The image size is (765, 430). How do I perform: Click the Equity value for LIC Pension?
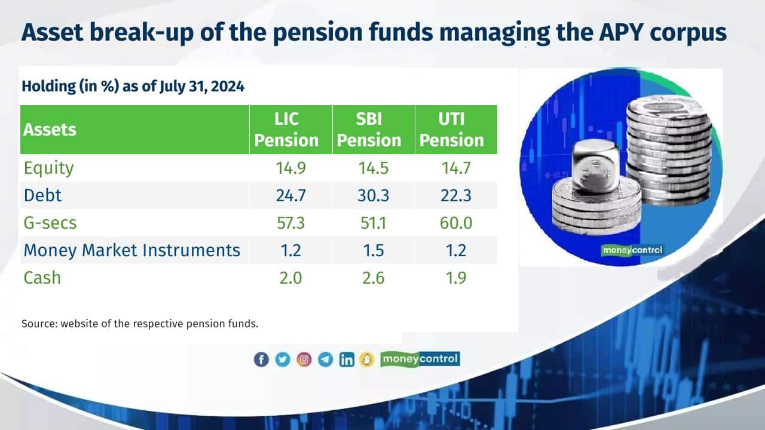point(290,168)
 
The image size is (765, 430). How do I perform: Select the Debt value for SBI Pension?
point(373,195)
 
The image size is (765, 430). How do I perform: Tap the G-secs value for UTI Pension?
point(455,223)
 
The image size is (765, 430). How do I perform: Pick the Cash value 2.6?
point(373,278)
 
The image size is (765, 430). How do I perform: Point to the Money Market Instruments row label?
point(132,250)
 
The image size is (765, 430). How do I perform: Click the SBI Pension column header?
point(373,130)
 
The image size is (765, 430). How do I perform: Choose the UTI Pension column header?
point(456,130)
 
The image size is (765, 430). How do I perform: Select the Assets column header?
point(50,130)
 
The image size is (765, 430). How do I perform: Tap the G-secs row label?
point(50,223)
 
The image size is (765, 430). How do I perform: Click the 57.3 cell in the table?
point(290,223)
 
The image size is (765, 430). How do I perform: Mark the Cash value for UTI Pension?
point(455,278)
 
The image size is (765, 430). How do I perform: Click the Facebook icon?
point(261,360)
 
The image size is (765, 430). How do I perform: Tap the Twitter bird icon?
point(283,360)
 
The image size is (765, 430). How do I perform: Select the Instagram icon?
point(304,360)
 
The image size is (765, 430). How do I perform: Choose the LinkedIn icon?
point(347,360)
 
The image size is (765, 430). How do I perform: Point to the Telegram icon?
point(325,360)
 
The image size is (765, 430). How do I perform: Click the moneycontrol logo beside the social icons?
point(420,359)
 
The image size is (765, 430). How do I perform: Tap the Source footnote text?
point(140,324)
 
